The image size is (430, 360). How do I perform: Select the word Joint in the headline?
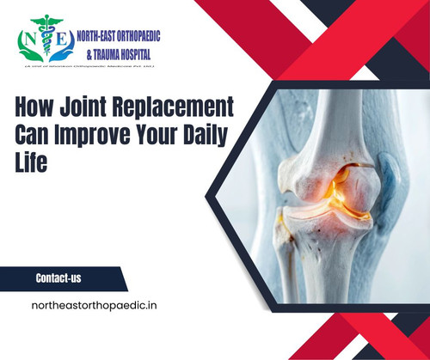click(88, 110)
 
